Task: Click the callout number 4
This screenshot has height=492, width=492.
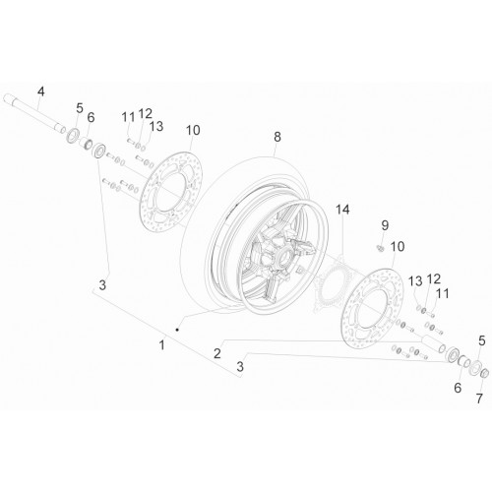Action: pyautogui.click(x=40, y=92)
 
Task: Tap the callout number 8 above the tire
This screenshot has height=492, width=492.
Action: pyautogui.click(x=277, y=137)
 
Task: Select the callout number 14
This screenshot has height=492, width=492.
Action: pyautogui.click(x=342, y=210)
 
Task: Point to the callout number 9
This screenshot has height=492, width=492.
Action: pyautogui.click(x=385, y=225)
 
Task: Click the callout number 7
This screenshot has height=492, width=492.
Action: pyautogui.click(x=479, y=399)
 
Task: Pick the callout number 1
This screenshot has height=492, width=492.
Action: pyautogui.click(x=161, y=345)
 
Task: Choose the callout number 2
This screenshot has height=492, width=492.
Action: pyautogui.click(x=217, y=353)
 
